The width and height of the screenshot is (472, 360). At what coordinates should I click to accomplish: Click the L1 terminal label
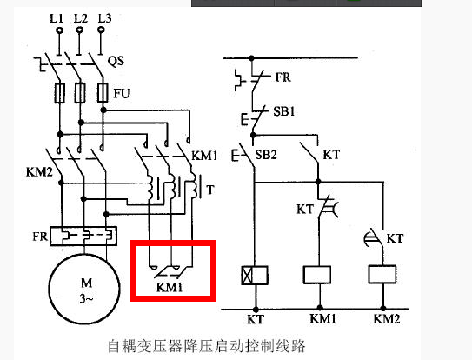click(57, 17)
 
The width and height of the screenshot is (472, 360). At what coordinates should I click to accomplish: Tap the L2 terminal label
click(81, 17)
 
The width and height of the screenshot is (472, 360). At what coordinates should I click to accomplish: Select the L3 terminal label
click(104, 17)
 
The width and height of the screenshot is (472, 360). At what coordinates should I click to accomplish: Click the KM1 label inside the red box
click(170, 285)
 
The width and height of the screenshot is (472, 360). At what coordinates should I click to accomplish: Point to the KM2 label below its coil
click(388, 319)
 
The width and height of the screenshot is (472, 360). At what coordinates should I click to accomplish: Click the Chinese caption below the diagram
click(206, 345)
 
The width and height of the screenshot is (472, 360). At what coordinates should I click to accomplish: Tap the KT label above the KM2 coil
click(395, 237)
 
